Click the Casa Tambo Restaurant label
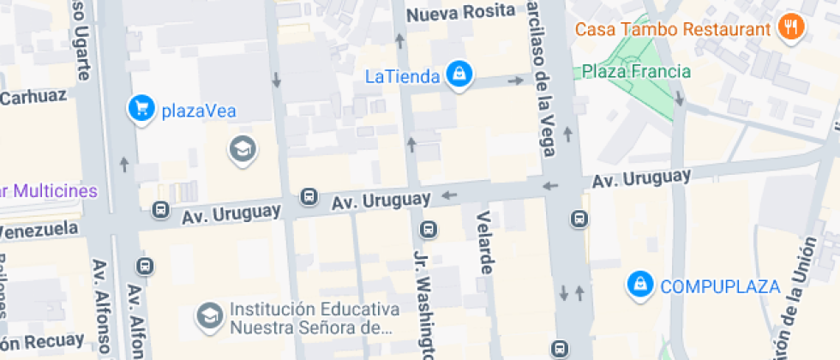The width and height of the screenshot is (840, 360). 672,29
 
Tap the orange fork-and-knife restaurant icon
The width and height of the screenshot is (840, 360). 790,27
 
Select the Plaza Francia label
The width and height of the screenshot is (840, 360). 636,71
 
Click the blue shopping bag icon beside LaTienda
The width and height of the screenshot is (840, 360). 460,75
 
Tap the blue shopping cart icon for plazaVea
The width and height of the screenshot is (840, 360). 140,108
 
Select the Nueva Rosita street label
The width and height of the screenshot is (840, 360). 460,13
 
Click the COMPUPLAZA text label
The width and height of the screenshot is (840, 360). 719,286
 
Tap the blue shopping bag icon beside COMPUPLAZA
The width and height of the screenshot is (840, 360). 639,285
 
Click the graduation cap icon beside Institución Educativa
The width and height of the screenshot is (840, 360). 208,317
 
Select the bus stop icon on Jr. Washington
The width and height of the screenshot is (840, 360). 428,230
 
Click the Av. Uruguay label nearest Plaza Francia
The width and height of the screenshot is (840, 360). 641,179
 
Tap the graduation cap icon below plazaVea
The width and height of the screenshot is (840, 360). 243,150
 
